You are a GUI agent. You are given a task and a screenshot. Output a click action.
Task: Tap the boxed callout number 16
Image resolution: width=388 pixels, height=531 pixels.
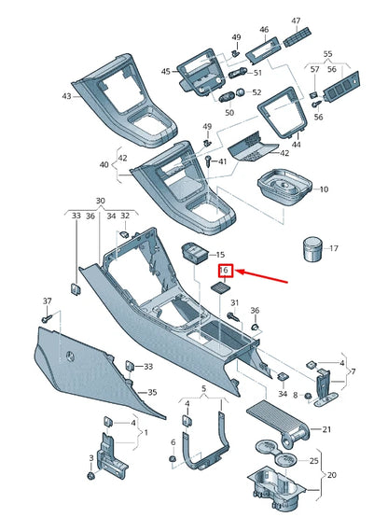tap(225, 271)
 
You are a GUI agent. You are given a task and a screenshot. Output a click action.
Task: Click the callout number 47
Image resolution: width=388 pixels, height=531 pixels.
tap(296, 21)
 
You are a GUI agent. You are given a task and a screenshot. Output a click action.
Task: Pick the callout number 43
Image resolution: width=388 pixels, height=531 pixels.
tap(66, 97)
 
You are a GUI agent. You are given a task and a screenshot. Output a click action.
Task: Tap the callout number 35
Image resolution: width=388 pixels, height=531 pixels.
tap(153, 393)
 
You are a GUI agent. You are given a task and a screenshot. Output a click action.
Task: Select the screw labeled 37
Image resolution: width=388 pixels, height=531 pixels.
tap(45, 318)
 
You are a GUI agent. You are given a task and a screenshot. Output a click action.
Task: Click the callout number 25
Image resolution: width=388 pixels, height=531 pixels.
tap(314, 462)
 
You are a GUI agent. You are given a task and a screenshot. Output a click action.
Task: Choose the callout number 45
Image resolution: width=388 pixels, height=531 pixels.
tap(166, 72)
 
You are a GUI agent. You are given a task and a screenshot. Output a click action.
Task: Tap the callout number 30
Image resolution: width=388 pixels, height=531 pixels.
tap(100, 202)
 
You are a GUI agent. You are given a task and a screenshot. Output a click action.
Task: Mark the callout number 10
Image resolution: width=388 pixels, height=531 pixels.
tap(324, 189)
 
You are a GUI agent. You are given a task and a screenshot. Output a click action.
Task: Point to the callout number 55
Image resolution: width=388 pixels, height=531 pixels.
tap(326, 56)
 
